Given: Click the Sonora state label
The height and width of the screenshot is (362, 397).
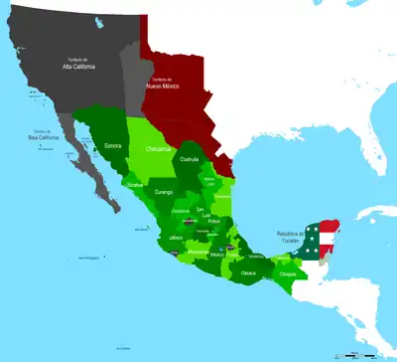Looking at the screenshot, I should click(x=113, y=145).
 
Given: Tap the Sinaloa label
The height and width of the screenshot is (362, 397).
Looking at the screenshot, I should click(x=136, y=185).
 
